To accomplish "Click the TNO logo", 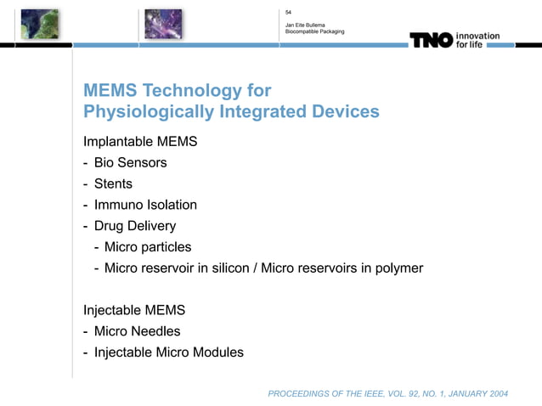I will click(431, 40).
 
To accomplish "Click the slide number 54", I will click(289, 12).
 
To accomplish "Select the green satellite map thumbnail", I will click(40, 24).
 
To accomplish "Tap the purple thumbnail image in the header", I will click(163, 24).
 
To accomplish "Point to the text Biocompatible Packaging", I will click(314, 32).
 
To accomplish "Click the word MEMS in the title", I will click(111, 91).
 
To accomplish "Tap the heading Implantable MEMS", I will click(140, 140).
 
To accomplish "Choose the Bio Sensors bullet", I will click(130, 162).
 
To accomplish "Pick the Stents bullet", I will click(113, 183).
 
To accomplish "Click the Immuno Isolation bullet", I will click(145, 205).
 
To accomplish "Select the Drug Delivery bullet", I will click(135, 226).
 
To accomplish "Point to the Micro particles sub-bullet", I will click(148, 247).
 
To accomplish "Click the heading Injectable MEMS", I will click(134, 310).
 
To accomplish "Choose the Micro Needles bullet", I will click(137, 331).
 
